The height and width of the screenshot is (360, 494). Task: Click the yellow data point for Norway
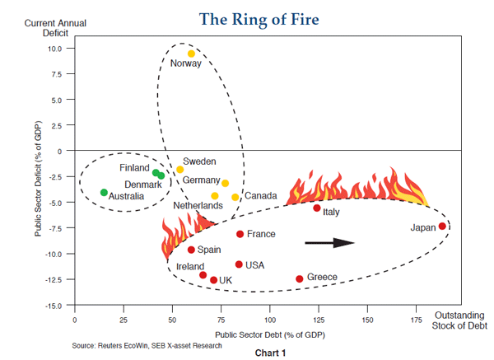[191, 54]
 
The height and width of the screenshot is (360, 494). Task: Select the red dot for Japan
[442, 226]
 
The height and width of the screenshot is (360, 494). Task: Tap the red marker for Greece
[300, 278]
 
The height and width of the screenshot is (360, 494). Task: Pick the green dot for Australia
[104, 192]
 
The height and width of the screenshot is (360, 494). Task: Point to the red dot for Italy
[317, 208]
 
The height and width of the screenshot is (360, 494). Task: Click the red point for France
[240, 234]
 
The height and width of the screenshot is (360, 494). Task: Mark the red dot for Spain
[191, 250]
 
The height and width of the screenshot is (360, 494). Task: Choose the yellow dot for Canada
[235, 197]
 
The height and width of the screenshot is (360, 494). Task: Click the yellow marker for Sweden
[180, 169]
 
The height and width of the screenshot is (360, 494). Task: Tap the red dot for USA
[239, 264]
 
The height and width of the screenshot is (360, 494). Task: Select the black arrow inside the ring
[329, 242]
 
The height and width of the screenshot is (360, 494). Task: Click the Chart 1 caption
[269, 353]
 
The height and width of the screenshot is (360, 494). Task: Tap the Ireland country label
[192, 267]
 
